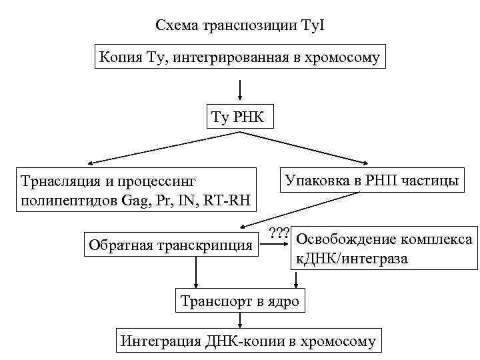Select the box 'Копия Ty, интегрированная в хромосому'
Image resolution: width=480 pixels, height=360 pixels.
point(239,58)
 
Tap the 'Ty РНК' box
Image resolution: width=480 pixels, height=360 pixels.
point(238,118)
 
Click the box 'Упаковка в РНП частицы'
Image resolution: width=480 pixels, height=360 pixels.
point(372,180)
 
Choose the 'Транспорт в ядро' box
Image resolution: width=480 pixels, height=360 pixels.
point(240,301)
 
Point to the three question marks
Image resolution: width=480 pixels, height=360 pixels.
point(279,234)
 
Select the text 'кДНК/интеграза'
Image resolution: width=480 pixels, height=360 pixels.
point(350,258)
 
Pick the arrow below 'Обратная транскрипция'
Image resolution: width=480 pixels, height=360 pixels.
point(196,273)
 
